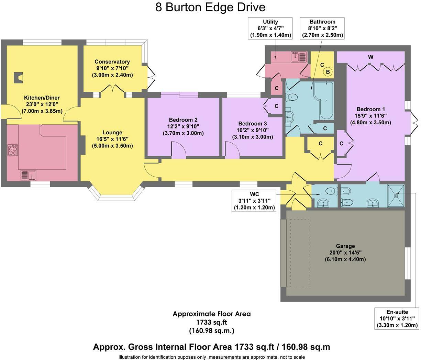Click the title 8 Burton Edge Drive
click(210, 7)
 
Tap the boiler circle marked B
click(328, 72)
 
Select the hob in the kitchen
click(13, 150)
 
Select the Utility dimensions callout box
click(270, 29)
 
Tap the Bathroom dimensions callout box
click(322, 29)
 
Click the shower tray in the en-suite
click(396, 196)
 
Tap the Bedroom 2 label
click(183, 120)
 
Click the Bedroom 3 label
click(252, 124)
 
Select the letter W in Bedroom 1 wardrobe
click(370, 57)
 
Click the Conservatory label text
click(112, 62)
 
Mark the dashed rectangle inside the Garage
click(300, 253)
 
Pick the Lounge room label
click(112, 133)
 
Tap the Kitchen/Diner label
click(42, 98)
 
